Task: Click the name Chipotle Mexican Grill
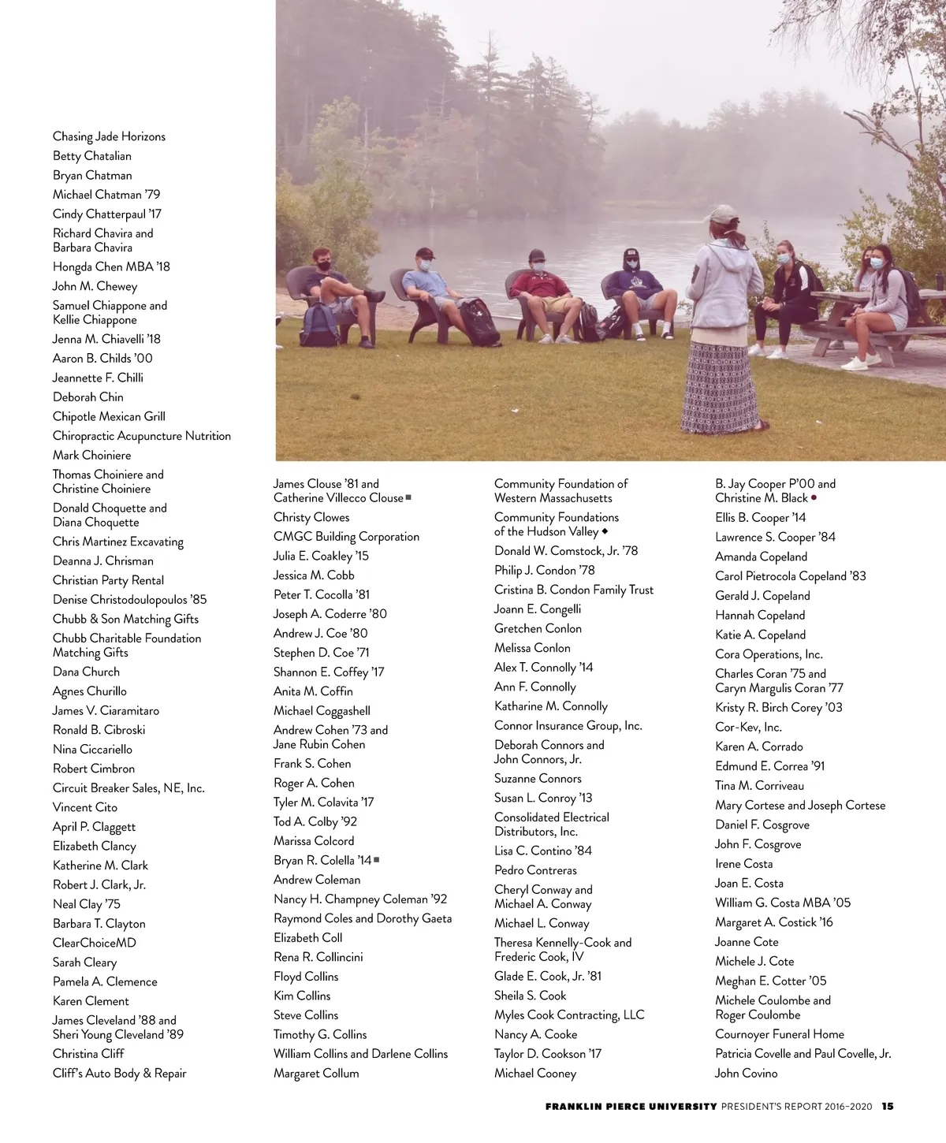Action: (109, 416)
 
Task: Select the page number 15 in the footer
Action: (888, 1106)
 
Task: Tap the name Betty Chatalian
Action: (92, 156)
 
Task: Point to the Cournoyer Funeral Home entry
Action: (779, 1034)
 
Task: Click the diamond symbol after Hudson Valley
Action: (605, 531)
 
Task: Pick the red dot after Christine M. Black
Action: (814, 497)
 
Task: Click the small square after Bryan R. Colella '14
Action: (377, 859)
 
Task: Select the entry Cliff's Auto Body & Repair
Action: (120, 1073)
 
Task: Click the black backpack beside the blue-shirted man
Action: (479, 322)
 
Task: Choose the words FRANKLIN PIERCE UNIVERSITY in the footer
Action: (631, 1106)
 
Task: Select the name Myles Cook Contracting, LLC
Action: (569, 1015)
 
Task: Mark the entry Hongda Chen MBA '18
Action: (111, 266)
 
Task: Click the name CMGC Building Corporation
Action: (346, 537)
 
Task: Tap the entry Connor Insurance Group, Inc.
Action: (568, 725)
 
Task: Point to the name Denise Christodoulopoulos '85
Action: (129, 599)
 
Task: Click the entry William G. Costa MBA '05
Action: (783, 903)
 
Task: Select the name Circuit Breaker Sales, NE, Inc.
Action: (128, 787)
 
